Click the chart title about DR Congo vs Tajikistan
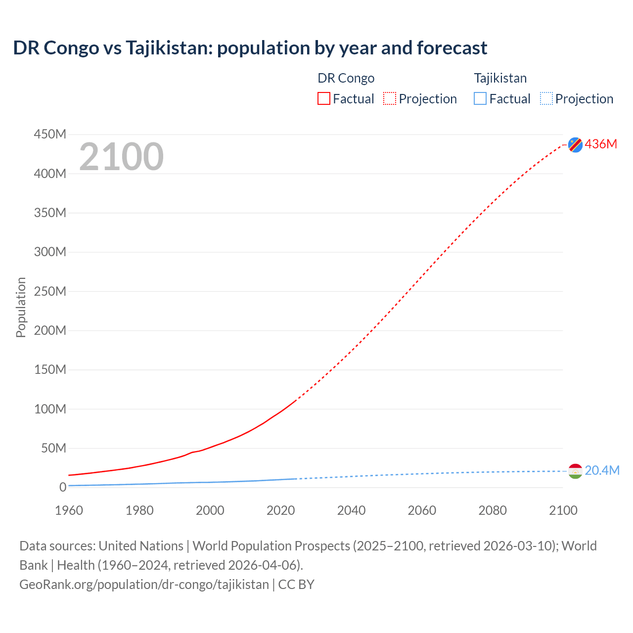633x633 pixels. [x=250, y=48]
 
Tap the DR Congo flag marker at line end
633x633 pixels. [x=575, y=144]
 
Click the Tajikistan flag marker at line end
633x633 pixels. [x=575, y=471]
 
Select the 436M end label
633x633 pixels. [x=601, y=144]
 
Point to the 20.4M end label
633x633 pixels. [x=602, y=470]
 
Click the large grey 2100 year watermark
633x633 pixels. [x=121, y=157]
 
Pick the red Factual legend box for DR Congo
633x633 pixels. [x=324, y=99]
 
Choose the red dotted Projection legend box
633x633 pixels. [x=390, y=99]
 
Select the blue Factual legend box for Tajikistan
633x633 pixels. [x=480, y=99]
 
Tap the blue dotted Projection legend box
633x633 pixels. [x=546, y=99]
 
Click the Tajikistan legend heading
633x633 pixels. [x=500, y=78]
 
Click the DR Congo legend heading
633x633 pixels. [x=346, y=78]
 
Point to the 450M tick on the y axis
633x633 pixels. [x=50, y=135]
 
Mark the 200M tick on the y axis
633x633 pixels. [x=50, y=330]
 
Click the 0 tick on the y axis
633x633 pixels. [x=62, y=487]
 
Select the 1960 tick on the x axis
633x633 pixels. [x=69, y=510]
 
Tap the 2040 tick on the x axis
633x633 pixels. [x=351, y=510]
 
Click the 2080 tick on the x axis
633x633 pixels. [x=493, y=510]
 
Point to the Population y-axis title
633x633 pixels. [x=21, y=307]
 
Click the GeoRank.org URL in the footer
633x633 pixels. [x=144, y=585]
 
